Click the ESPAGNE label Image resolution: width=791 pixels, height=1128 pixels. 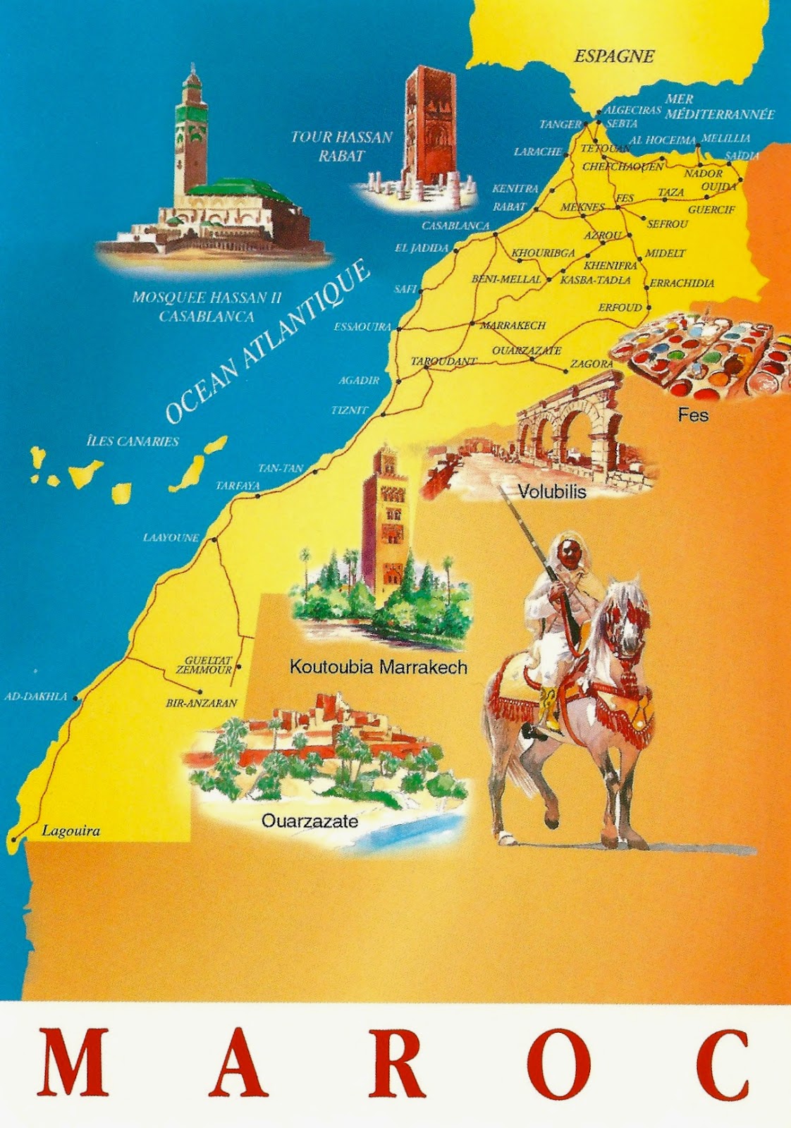(613, 56)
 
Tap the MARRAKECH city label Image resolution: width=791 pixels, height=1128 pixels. (513, 326)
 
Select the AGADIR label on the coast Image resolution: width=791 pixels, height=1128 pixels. (359, 380)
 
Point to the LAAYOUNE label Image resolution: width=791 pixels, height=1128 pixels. (171, 537)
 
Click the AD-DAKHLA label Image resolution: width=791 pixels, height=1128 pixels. (36, 697)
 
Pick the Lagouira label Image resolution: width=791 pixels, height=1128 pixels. (70, 830)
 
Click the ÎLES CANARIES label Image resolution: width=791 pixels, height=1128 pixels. (133, 441)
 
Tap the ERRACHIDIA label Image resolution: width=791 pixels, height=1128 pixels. (682, 283)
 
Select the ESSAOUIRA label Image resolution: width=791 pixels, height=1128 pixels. (362, 327)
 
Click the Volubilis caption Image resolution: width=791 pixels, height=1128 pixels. (552, 491)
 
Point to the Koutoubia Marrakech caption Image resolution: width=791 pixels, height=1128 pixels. (378, 667)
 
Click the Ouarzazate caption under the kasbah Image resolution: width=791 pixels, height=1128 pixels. (309, 821)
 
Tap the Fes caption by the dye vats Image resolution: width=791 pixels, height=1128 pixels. (692, 415)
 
